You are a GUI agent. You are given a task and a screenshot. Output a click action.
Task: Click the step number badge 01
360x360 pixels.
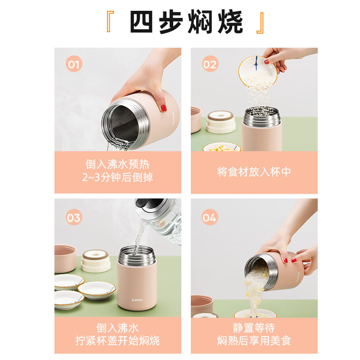pyautogui.click(x=74, y=64)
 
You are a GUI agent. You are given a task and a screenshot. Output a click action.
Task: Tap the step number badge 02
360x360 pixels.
pyautogui.click(x=210, y=64)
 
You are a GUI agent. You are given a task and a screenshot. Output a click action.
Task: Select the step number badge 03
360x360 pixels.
pyautogui.click(x=74, y=217)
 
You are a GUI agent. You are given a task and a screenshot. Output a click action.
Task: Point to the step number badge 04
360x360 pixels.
pyautogui.click(x=209, y=217)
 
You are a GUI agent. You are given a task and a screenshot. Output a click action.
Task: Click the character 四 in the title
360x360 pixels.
pyautogui.click(x=141, y=22)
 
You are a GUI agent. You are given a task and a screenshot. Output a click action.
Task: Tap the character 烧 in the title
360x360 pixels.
pyautogui.click(x=230, y=22)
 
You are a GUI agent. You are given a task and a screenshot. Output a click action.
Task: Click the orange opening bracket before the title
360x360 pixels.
pyautogui.click(x=110, y=22)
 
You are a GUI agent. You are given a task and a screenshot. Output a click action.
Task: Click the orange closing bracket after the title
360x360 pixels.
pyautogui.click(x=260, y=23)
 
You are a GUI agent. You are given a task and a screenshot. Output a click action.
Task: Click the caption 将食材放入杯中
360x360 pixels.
pyautogui.click(x=254, y=172)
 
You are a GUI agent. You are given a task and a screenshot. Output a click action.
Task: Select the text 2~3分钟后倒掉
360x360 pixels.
pyautogui.click(x=117, y=177)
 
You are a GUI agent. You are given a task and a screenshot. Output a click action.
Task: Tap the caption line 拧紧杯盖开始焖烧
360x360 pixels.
pyautogui.click(x=117, y=341)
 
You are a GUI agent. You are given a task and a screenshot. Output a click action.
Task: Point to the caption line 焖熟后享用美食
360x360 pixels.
pyautogui.click(x=254, y=341)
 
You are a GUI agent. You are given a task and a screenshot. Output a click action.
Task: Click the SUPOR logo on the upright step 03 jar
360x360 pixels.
pyautogui.click(x=137, y=300)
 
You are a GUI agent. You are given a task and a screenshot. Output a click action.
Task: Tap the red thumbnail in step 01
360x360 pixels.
pyautogui.click(x=163, y=108)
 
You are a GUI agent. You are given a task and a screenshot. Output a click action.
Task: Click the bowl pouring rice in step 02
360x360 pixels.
pyautogui.click(x=257, y=72)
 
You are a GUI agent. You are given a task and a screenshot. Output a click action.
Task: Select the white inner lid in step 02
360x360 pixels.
pyautogui.click(x=220, y=122)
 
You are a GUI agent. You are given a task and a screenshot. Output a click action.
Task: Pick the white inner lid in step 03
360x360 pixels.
pyautogui.click(x=95, y=261)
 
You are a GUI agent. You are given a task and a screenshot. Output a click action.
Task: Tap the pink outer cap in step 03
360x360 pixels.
pyautogui.click(x=65, y=258)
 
